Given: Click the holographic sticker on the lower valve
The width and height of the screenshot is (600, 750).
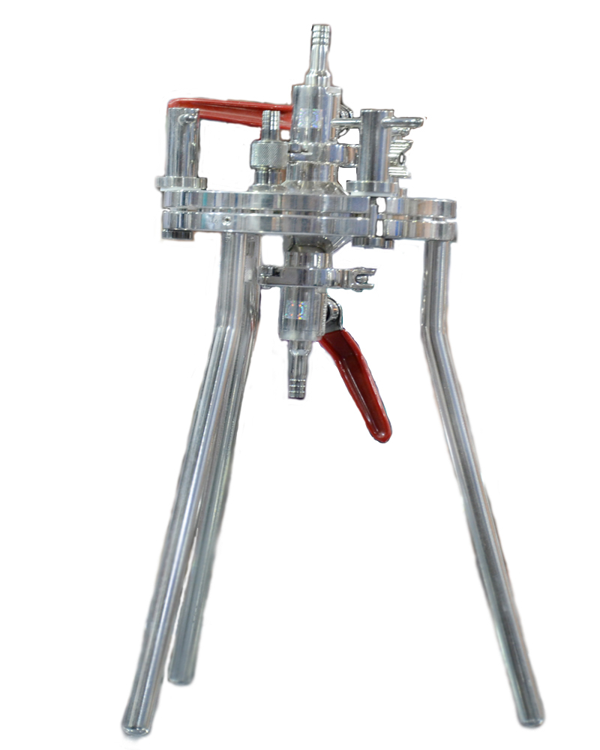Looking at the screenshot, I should [298, 310].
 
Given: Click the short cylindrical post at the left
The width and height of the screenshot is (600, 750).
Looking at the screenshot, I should [181, 147].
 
